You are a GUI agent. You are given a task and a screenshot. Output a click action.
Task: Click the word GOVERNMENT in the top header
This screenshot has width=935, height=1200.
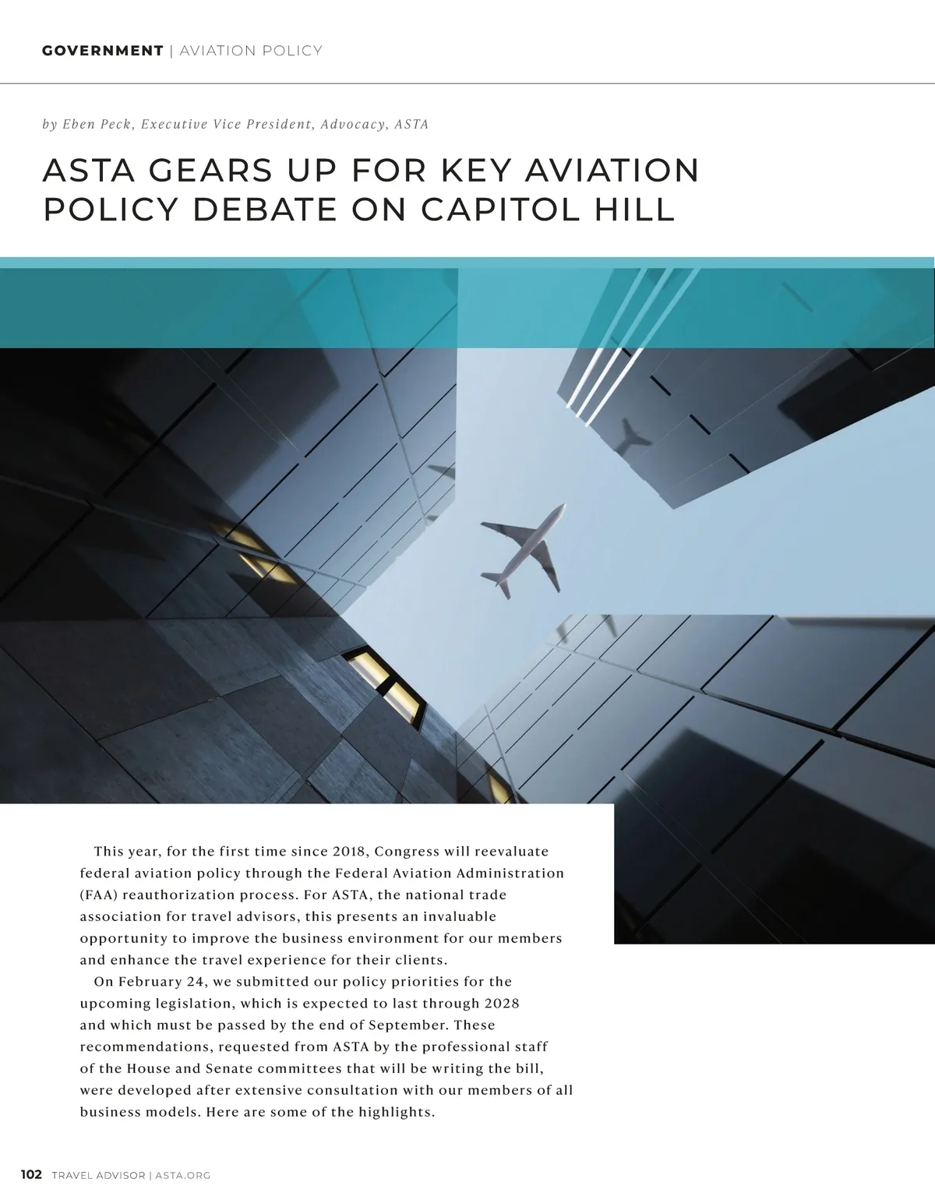tap(102, 51)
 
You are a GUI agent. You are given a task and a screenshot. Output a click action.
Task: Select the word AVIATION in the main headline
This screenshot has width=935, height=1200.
tap(612, 171)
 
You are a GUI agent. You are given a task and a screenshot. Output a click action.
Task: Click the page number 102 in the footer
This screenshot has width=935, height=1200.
tap(31, 1174)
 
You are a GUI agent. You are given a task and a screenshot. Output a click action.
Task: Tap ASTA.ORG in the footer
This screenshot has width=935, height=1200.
tap(183, 1175)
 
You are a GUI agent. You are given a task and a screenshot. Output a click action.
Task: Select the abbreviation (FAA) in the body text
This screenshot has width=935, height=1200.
tap(98, 895)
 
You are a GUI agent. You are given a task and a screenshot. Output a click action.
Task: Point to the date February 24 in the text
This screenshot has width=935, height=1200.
tap(160, 981)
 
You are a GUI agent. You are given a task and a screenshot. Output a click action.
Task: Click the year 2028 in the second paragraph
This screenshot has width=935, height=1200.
tap(502, 1003)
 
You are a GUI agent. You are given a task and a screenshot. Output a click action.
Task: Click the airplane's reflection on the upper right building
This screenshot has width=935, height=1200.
tap(633, 437)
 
